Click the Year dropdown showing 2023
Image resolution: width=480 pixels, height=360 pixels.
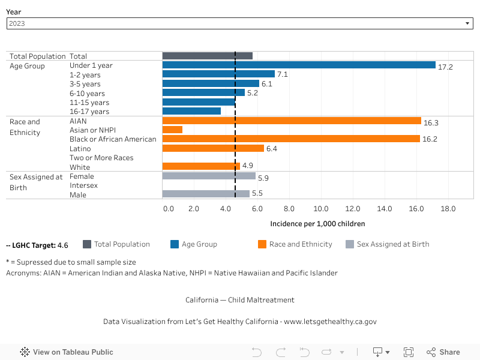240,23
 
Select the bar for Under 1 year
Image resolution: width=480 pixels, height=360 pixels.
299,65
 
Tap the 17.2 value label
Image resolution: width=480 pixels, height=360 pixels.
445,66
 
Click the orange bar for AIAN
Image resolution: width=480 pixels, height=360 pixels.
292,121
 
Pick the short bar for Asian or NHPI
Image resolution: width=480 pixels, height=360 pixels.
172,130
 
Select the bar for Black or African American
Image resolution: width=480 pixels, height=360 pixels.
291,139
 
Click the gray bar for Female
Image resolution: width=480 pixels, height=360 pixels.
209,176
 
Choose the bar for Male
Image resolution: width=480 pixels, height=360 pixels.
206,194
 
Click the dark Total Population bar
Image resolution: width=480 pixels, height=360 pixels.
207,56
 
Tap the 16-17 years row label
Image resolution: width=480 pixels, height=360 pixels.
89,112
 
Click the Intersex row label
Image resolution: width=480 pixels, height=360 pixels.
83,185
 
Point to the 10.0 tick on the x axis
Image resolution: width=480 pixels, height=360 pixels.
321,209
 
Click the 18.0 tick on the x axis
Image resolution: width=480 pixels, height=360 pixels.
448,209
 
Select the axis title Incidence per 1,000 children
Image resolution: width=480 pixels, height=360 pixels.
317,224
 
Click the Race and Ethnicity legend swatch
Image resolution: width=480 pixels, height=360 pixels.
262,244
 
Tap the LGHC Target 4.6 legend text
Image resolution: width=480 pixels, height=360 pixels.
37,245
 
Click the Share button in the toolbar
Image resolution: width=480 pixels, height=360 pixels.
443,352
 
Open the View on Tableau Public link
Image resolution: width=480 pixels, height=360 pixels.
67,352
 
